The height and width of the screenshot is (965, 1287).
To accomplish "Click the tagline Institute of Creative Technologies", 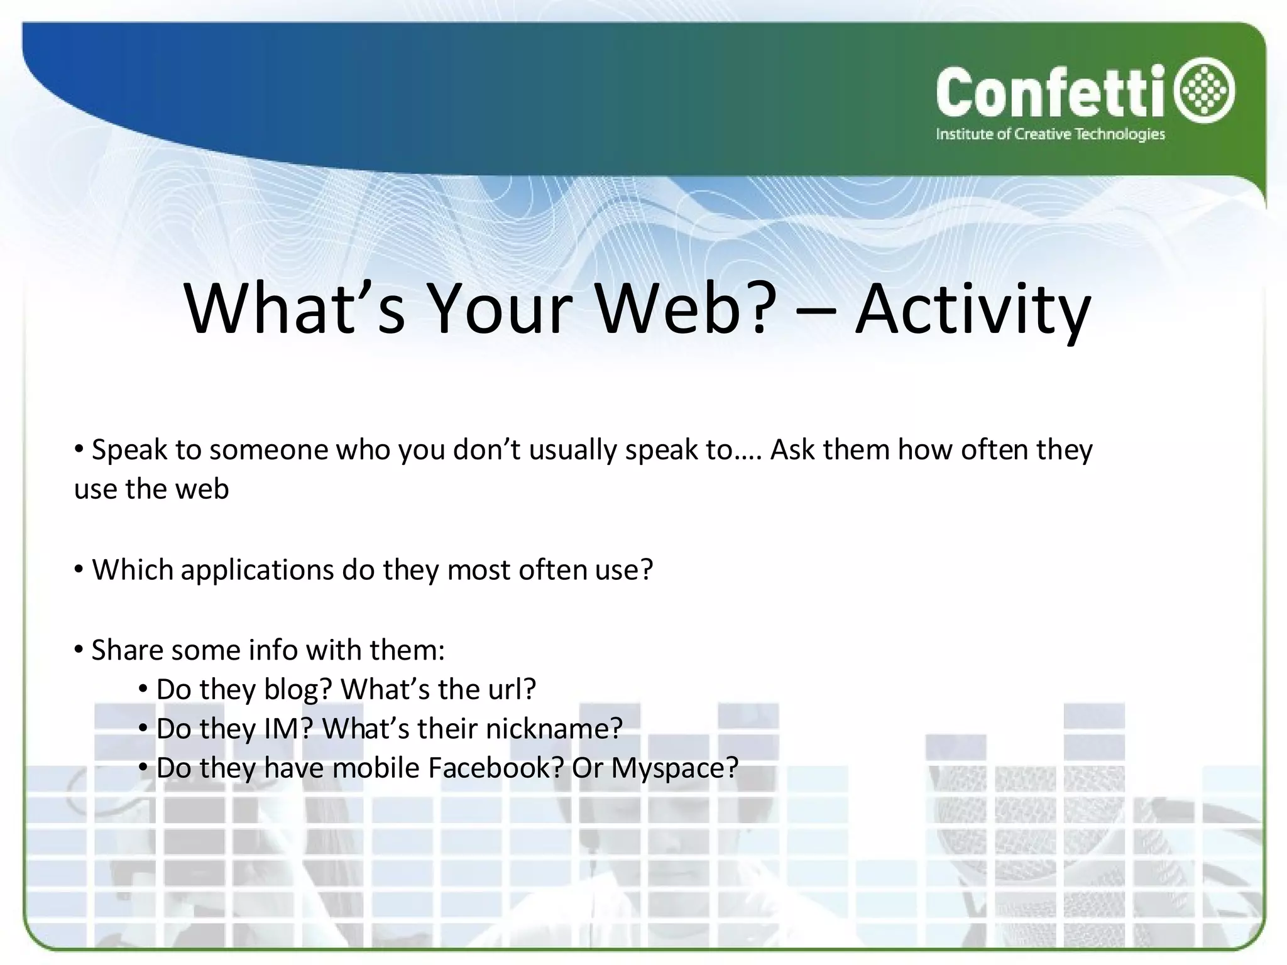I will [1050, 134].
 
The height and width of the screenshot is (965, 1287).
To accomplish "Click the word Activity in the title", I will [972, 309].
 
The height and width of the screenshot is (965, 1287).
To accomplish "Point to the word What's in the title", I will [295, 309].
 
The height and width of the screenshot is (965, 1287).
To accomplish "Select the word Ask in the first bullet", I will [792, 450].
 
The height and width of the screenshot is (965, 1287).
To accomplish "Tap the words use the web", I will [151, 489].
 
